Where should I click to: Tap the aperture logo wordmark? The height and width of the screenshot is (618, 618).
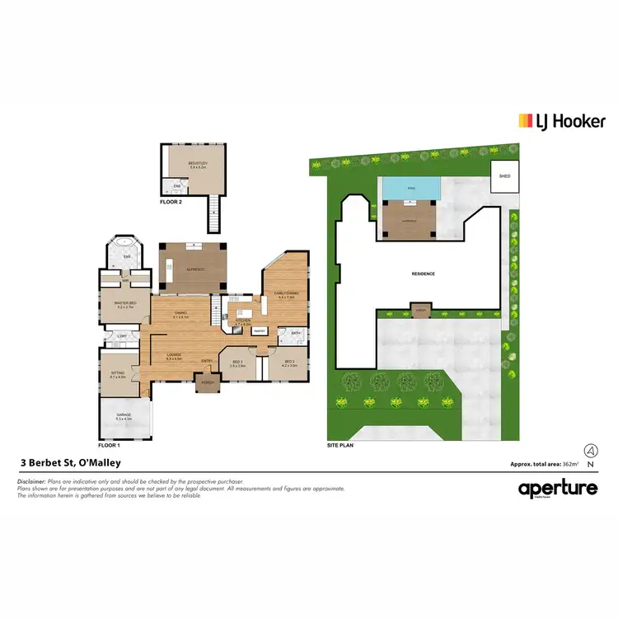tap(557, 489)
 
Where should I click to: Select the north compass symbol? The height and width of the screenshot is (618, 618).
tap(590, 451)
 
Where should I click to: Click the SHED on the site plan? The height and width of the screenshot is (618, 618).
tap(505, 176)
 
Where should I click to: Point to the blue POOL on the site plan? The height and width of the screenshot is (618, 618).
tap(410, 189)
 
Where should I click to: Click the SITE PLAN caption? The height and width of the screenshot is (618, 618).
tap(339, 445)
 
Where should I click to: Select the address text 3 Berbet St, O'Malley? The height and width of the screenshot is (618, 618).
tap(70, 463)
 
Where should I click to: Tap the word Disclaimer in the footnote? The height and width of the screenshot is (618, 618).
tap(31, 480)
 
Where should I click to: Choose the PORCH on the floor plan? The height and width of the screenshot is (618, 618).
tap(205, 382)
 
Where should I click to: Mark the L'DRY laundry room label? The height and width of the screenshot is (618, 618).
tap(121, 336)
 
